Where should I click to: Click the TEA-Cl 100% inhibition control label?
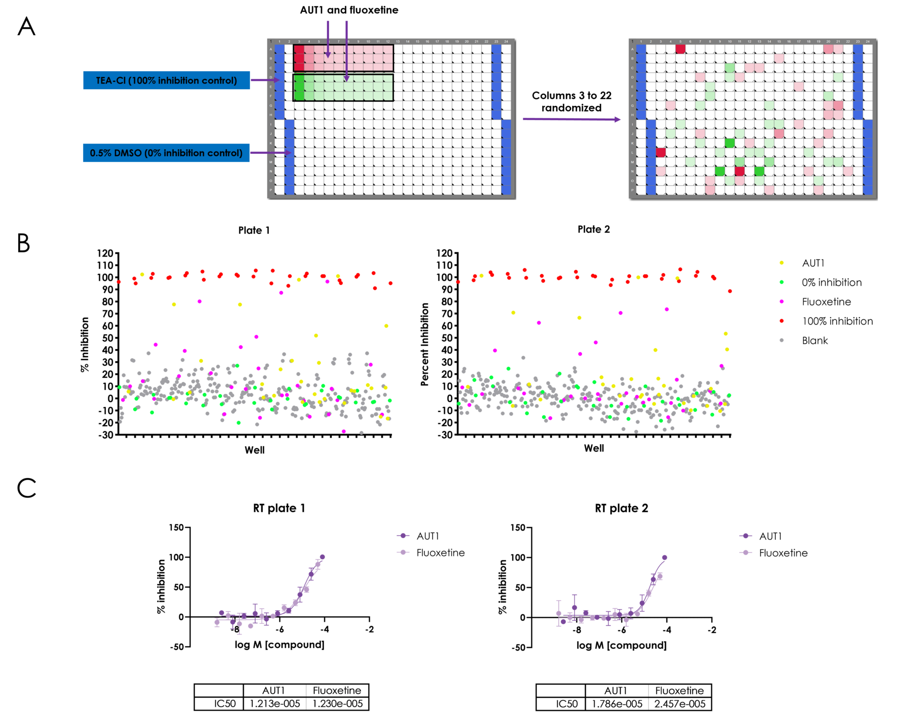coord(166,80)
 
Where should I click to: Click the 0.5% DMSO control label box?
coord(166,153)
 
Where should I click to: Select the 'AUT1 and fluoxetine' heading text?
coord(349,10)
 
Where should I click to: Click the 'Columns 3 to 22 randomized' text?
coord(571,102)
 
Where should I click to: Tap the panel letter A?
coord(26,26)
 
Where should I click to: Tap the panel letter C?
coord(26,488)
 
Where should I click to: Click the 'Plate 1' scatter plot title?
coord(254,230)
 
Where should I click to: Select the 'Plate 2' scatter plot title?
coord(594,229)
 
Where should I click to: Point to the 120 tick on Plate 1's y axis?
coord(105,253)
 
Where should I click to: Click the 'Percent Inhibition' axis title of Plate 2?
coord(425,344)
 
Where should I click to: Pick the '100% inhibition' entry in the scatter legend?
coord(837,321)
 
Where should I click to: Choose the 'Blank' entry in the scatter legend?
coord(815,340)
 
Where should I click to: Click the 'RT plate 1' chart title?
coord(279,508)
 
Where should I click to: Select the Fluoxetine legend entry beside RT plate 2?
coord(783,553)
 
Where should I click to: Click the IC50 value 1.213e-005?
coord(275,703)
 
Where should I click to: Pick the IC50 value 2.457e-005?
coord(680,704)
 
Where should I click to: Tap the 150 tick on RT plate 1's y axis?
coord(176,528)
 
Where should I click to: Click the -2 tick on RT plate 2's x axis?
coord(711,630)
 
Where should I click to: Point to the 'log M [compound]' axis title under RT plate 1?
coord(279,645)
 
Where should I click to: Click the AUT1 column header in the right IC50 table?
coord(616,691)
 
